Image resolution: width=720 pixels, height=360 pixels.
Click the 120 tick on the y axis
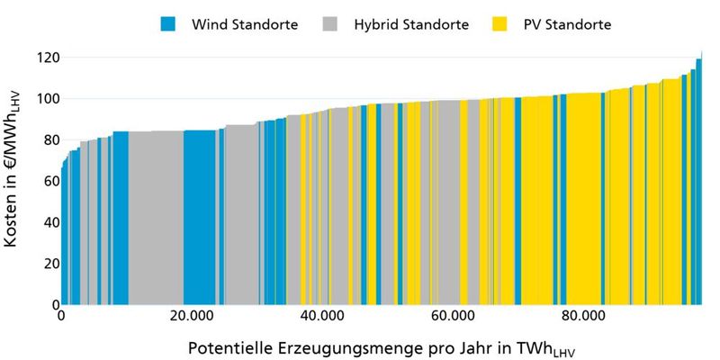tap(48, 58)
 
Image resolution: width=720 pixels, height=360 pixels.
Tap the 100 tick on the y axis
tap(48, 99)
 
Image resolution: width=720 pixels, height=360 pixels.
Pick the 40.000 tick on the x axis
tap(321, 317)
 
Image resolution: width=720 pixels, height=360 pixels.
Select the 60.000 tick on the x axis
tap(452, 317)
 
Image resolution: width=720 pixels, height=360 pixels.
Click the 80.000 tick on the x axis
tap(582, 317)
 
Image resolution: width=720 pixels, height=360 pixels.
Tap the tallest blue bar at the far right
tap(698, 180)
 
